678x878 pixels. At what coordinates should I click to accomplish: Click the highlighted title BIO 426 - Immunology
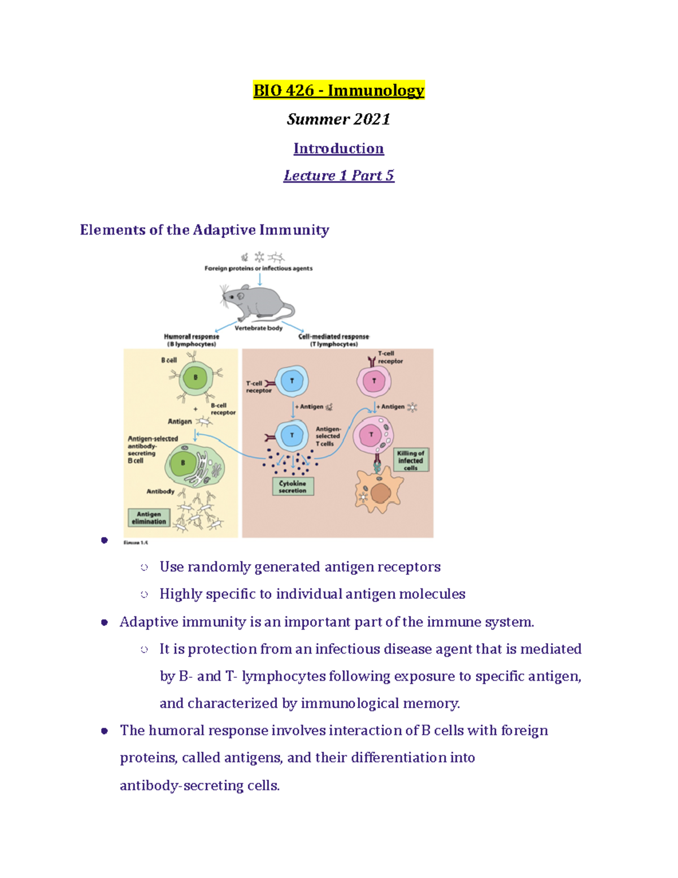coord(338,90)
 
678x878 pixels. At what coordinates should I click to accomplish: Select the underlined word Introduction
coord(338,149)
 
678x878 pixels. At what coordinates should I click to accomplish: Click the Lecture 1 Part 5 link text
coord(338,176)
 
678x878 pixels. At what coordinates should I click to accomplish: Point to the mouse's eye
coord(241,296)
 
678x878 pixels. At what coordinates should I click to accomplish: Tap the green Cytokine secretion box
coord(293,487)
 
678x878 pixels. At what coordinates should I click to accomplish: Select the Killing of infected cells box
coord(411,460)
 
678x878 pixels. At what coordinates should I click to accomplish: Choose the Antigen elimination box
coord(149,518)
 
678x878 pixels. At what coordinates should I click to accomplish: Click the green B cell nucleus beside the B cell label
coord(195,378)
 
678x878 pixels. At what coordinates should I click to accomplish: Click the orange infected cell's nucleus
coord(381,492)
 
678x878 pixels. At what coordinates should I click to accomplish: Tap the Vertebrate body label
coord(258,328)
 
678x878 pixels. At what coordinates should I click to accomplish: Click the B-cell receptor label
coord(223,409)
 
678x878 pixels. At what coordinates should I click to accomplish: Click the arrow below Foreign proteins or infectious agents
coord(259,279)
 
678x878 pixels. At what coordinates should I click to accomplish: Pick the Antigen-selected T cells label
coord(328,436)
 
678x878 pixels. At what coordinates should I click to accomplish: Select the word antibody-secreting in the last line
coord(181,786)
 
